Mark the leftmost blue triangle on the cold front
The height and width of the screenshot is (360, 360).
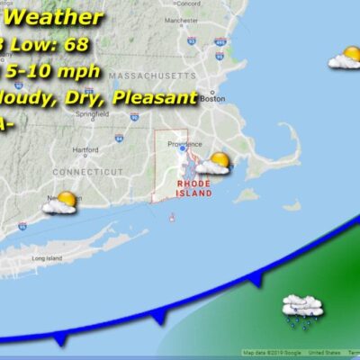[x=60, y=337]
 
